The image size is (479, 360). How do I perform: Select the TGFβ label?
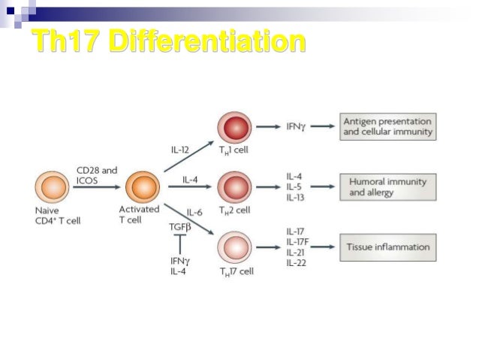180,224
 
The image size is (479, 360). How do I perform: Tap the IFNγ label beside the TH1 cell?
296,126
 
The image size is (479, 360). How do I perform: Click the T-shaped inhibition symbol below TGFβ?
179,242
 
